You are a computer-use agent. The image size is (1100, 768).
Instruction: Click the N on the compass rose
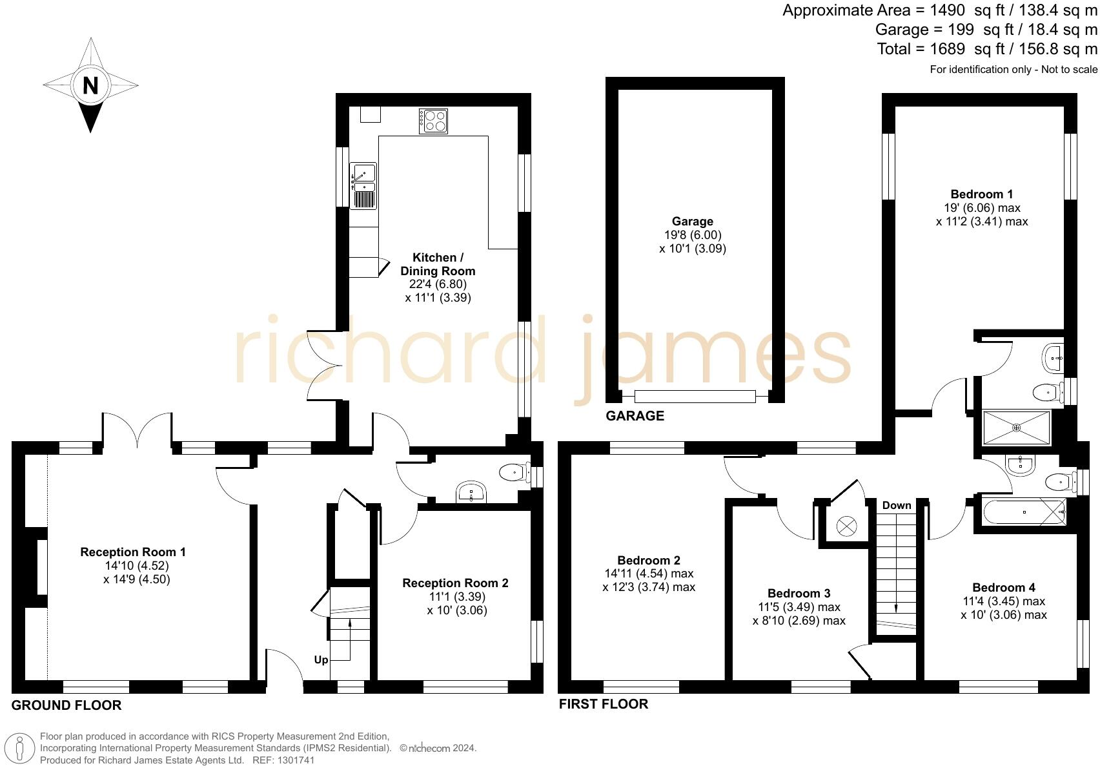click(x=90, y=85)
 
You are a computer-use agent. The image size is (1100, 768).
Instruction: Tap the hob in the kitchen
click(x=433, y=121)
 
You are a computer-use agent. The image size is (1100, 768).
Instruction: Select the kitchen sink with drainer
click(x=363, y=186)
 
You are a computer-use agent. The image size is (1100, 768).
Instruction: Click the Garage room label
click(x=692, y=222)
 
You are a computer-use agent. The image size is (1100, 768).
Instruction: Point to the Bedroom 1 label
click(x=981, y=194)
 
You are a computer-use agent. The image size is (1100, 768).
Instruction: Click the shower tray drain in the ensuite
click(x=1016, y=427)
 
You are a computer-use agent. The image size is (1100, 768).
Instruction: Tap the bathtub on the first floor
click(x=1024, y=512)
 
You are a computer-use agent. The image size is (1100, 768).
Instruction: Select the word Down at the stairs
click(x=897, y=505)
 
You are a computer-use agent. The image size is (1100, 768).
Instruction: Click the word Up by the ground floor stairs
click(x=321, y=659)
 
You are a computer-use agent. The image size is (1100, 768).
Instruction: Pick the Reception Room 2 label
click(x=455, y=583)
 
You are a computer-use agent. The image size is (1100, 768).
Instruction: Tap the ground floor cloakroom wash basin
click(x=472, y=493)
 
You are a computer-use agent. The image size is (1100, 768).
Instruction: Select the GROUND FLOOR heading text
click(x=66, y=705)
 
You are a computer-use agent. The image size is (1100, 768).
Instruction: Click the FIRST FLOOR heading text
click(x=603, y=704)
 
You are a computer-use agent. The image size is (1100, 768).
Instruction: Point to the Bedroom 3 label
click(x=799, y=594)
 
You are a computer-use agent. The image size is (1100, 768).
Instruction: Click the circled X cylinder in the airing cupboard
click(x=846, y=526)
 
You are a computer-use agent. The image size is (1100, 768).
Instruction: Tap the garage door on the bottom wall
click(x=695, y=397)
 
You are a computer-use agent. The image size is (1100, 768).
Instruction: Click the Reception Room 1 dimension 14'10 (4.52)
click(x=136, y=566)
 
